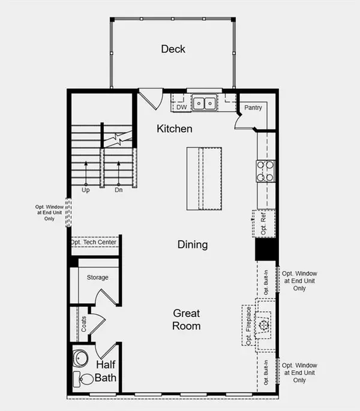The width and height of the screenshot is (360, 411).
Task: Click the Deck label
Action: coord(173,49)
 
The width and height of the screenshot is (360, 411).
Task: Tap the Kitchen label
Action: coord(175,128)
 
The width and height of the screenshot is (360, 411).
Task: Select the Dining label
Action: coord(193,244)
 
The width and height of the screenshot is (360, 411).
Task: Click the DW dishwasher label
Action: coord(181,107)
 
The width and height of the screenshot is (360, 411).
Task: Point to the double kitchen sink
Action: coord(205,103)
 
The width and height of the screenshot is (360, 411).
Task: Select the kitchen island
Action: coord(205,178)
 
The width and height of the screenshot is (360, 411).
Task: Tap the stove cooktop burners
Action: coord(265,170)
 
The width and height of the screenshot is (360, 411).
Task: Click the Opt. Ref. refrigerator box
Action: coord(265,222)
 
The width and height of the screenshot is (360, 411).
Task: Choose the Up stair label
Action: coord(86,190)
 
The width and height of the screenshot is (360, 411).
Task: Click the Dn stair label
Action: coord(119,190)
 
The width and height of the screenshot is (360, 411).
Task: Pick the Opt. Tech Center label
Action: coord(95,242)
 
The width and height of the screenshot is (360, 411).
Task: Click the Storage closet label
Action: coord(97,277)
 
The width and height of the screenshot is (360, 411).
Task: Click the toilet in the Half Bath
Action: coord(83,379)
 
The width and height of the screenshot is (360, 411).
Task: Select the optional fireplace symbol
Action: coord(262,325)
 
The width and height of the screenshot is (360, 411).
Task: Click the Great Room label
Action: coord(187,319)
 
